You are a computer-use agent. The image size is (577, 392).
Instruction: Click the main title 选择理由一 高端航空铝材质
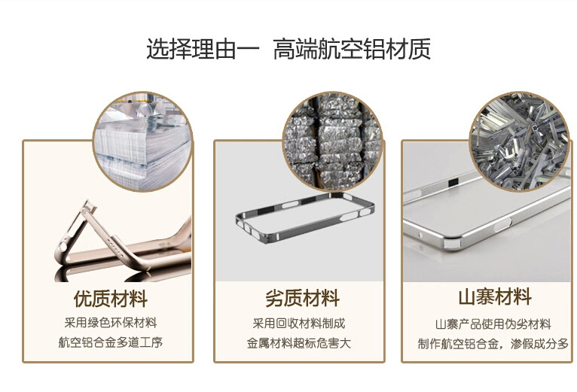click(288, 49)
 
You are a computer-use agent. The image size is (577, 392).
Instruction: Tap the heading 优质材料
click(111, 298)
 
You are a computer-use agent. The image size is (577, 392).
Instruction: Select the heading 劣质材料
click(302, 298)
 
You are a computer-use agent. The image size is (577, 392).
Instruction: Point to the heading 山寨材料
click(495, 296)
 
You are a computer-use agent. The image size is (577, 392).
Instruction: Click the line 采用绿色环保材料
click(111, 323)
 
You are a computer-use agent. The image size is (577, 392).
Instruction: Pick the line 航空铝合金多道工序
click(111, 342)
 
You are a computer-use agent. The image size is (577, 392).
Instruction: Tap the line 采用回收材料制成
click(299, 324)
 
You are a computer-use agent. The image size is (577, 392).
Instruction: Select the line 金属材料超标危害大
click(299, 343)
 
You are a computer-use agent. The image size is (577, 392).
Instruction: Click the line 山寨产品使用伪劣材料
click(493, 324)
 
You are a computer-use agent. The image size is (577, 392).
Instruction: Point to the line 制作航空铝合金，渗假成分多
click(493, 344)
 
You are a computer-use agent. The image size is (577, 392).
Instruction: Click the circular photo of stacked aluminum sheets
click(143, 141)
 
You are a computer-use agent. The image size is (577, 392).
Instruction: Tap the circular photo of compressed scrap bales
click(333, 141)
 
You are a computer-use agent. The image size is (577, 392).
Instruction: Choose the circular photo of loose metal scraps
click(520, 141)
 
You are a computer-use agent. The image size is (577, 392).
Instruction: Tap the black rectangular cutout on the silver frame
click(453, 181)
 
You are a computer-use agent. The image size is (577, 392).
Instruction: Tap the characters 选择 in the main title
click(169, 49)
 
